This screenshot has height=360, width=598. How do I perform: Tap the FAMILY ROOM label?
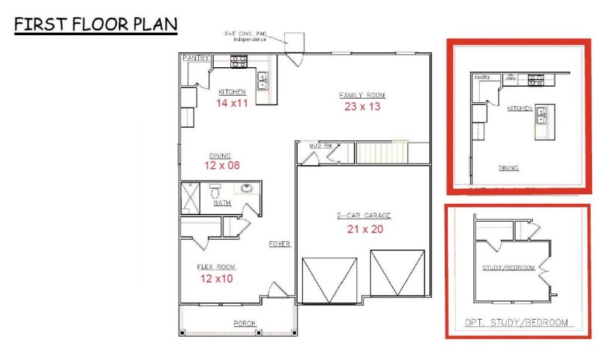(x=362, y=96)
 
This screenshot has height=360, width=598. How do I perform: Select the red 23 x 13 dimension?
(x=362, y=107)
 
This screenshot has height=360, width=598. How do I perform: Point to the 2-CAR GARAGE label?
(x=364, y=217)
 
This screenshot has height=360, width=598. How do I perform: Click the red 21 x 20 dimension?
(x=364, y=229)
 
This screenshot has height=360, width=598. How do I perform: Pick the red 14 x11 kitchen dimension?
(x=232, y=103)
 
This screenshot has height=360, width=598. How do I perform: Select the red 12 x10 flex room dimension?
(x=217, y=279)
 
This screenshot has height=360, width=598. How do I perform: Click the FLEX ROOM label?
(x=217, y=267)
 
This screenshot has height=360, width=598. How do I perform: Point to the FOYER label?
(x=280, y=244)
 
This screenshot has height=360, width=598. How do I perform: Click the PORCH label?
(x=244, y=323)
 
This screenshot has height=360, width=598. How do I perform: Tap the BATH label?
(x=222, y=203)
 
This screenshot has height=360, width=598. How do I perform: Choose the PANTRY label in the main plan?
(x=195, y=58)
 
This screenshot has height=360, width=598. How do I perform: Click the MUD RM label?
(x=309, y=146)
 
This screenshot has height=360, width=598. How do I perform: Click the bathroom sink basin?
(x=246, y=189)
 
